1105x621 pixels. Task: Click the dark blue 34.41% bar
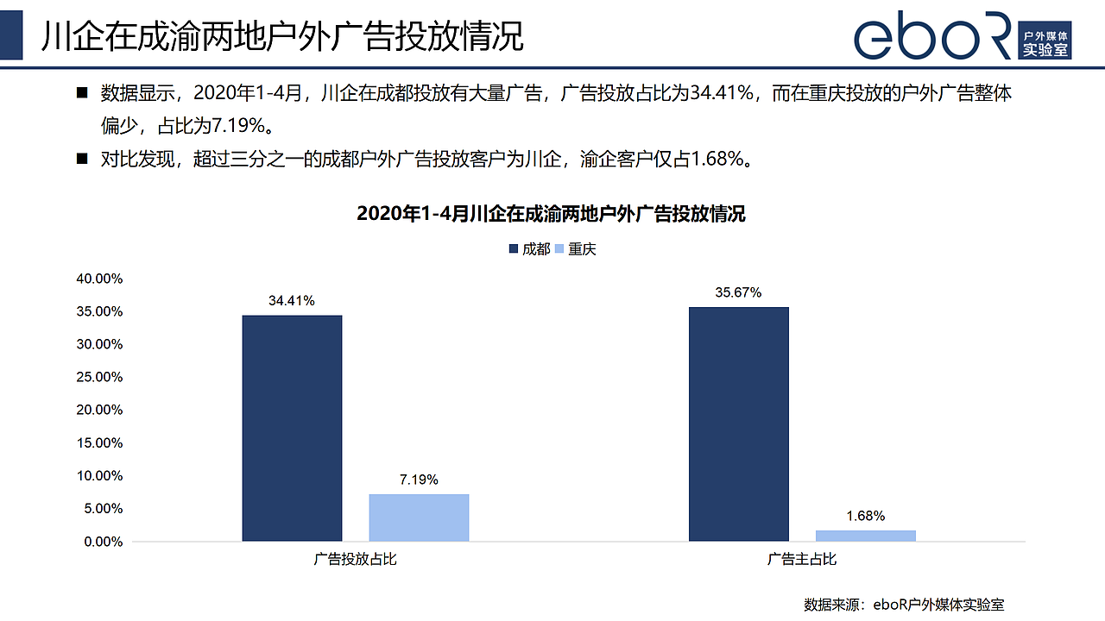click(292, 428)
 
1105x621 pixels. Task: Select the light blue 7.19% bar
click(419, 517)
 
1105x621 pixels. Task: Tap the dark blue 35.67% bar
click(739, 423)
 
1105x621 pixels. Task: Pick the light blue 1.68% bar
click(866, 536)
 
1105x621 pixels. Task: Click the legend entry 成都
click(529, 249)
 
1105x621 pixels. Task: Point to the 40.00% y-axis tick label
click(100, 279)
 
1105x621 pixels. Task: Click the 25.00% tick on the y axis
click(100, 377)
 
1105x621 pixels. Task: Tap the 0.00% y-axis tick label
click(104, 542)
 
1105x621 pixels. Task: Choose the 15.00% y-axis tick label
click(100, 443)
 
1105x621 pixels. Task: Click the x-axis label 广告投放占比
click(356, 560)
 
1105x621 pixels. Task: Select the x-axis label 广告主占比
click(802, 560)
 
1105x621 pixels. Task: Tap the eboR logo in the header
click(963, 36)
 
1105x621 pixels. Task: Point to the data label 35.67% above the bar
click(738, 292)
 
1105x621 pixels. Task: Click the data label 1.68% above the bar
click(865, 516)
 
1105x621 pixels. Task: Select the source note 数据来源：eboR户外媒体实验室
click(904, 605)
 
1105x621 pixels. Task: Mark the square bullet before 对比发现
click(83, 159)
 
